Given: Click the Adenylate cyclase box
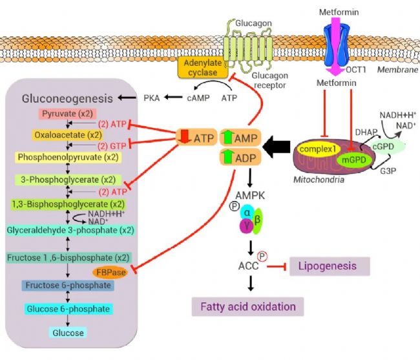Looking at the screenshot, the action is [x=203, y=67].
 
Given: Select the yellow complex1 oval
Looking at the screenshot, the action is [x=319, y=149].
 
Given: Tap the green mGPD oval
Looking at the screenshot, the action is [x=354, y=160].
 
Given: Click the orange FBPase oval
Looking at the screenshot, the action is [x=110, y=272].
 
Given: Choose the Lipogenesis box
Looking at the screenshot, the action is [x=330, y=266].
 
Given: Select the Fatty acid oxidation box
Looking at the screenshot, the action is [x=247, y=307].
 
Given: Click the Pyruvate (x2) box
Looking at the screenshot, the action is [x=67, y=114].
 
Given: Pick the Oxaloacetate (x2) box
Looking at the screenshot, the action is [x=68, y=135].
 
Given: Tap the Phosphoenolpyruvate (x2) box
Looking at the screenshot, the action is [x=68, y=157].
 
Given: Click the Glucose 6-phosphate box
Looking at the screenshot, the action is [x=68, y=309].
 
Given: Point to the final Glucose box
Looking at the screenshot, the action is [x=68, y=333].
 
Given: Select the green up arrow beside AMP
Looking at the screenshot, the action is [x=227, y=137].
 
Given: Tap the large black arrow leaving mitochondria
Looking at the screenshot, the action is [x=276, y=147].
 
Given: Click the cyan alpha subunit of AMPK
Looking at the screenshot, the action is [x=247, y=213].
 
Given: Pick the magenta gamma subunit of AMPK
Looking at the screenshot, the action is [x=247, y=226].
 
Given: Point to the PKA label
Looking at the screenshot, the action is [x=151, y=98].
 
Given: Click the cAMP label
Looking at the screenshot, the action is [x=198, y=98].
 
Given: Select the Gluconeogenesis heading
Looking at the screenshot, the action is [x=67, y=99].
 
